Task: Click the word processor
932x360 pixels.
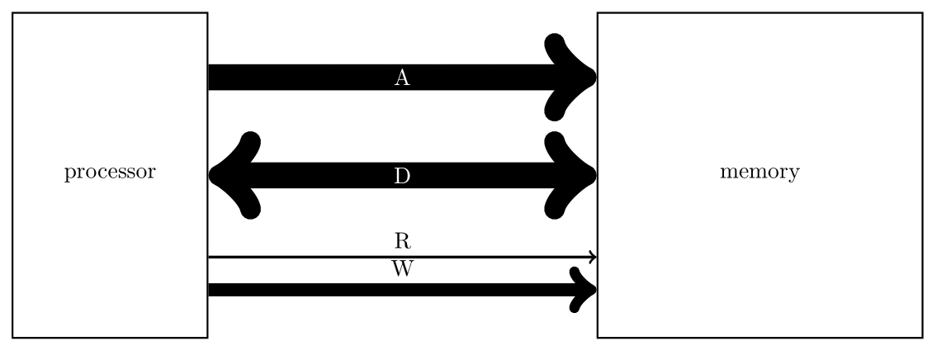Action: [110, 173]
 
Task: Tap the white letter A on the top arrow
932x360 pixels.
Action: [402, 78]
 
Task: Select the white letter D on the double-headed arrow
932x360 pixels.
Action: [402, 175]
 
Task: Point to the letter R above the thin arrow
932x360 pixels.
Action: [402, 241]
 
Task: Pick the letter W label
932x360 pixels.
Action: [402, 269]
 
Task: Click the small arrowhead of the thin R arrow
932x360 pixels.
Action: [592, 257]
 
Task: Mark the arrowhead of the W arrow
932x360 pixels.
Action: [584, 289]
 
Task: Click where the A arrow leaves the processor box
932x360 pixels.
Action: [210, 78]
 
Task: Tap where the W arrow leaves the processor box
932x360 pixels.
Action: [210, 289]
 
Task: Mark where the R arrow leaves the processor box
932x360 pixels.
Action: [210, 257]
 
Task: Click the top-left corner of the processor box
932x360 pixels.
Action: [12, 13]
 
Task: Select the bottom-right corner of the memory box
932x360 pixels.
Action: [921, 337]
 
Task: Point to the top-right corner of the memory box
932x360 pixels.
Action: [921, 13]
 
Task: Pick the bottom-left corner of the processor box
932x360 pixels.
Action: [12, 337]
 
